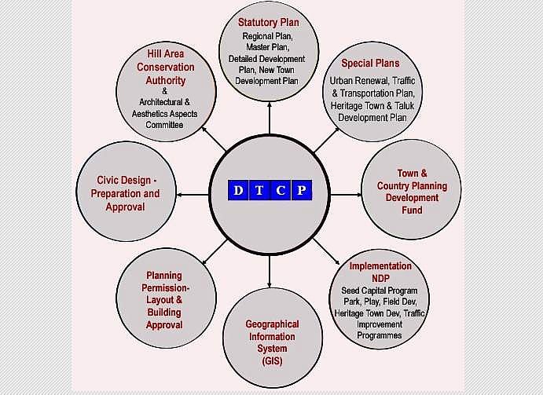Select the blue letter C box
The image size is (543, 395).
[x=281, y=190]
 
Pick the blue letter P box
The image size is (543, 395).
[x=300, y=190]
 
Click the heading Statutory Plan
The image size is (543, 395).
[x=269, y=22]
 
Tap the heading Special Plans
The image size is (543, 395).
[x=370, y=63]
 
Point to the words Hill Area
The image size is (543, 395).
[x=166, y=53]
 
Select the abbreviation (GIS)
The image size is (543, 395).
[x=272, y=361]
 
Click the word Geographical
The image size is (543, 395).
[x=272, y=324]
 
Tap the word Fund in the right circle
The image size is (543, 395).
[x=412, y=210]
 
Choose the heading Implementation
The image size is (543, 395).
[x=380, y=266]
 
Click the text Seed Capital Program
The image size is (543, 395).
[x=380, y=291]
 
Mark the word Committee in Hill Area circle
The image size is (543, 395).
[x=164, y=125]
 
